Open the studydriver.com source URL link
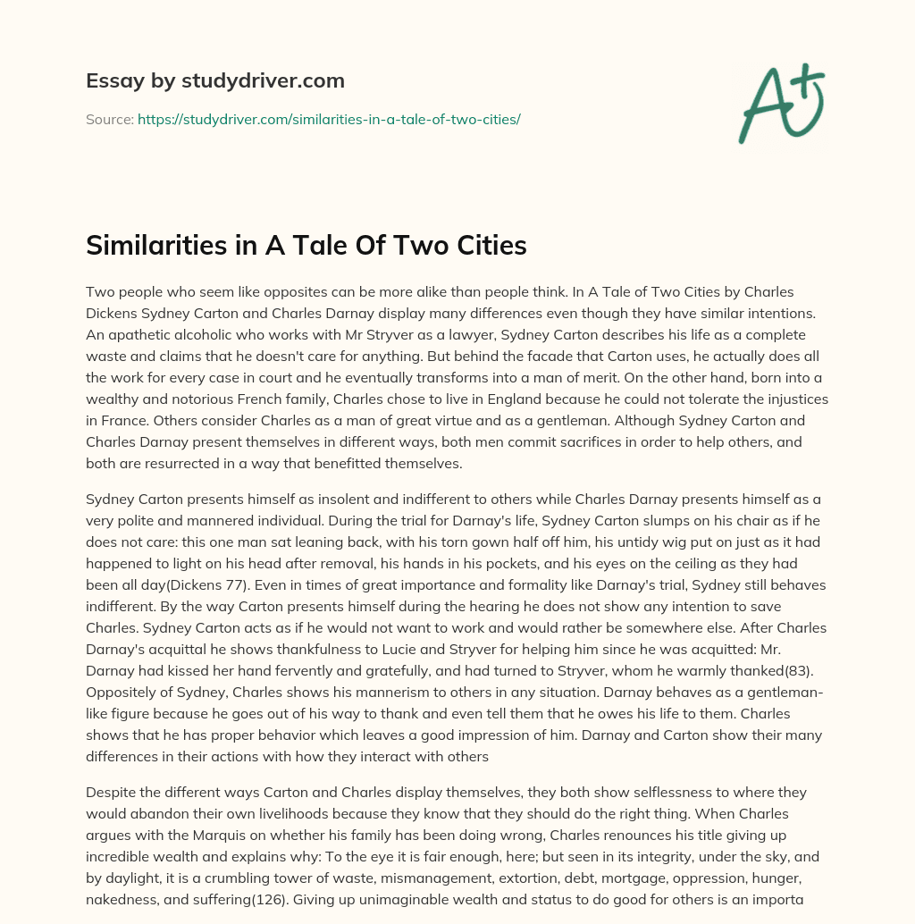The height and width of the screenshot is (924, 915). (329, 119)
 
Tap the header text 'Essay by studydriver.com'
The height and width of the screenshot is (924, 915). (215, 80)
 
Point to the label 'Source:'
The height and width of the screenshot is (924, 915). (109, 119)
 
